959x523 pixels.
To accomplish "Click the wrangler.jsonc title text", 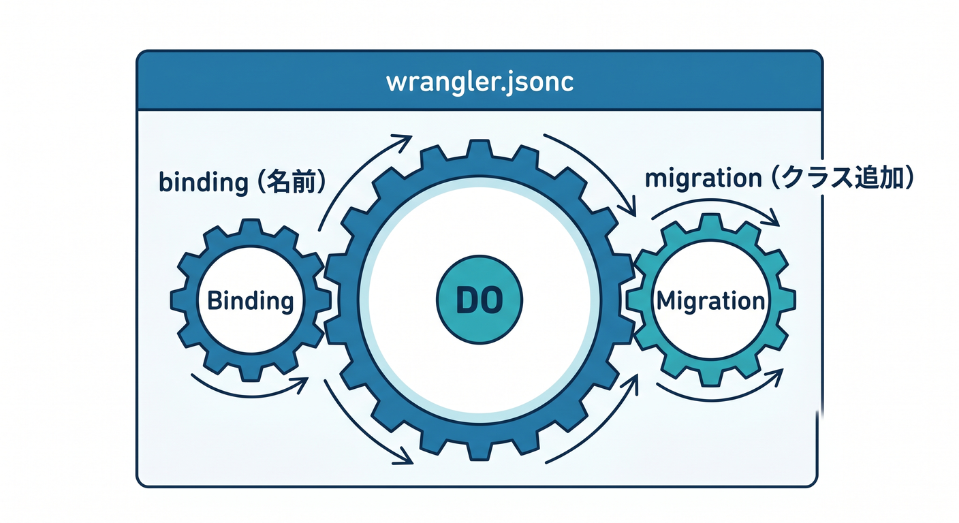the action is [x=479, y=82].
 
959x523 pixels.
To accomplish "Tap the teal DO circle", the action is [x=479, y=300].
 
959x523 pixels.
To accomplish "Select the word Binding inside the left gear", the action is [x=251, y=302].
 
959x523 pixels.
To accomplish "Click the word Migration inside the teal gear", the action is [x=710, y=301].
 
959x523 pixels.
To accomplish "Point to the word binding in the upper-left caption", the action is [x=204, y=183].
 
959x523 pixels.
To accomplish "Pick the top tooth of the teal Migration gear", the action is [x=710, y=222].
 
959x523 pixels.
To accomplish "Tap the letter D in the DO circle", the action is [x=467, y=300].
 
